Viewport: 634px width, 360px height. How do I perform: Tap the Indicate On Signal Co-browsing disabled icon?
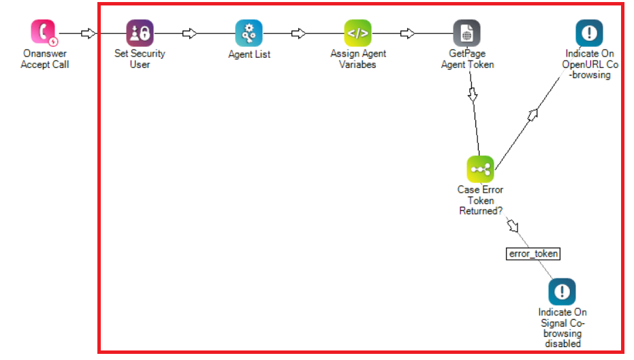[x=562, y=292]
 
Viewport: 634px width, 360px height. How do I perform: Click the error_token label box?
[x=533, y=254]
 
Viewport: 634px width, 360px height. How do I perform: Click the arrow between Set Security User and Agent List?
[x=190, y=33]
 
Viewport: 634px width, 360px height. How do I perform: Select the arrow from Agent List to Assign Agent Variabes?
[x=298, y=33]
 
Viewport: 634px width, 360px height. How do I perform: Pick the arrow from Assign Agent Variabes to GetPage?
[x=407, y=33]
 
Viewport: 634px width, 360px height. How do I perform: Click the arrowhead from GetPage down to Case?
[x=473, y=94]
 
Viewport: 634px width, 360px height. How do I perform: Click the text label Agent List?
[x=249, y=54]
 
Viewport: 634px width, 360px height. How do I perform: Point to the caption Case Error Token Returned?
[x=480, y=200]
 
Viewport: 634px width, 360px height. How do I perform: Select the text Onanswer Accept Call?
[x=44, y=59]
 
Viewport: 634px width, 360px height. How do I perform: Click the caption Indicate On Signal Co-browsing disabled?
[x=562, y=328]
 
